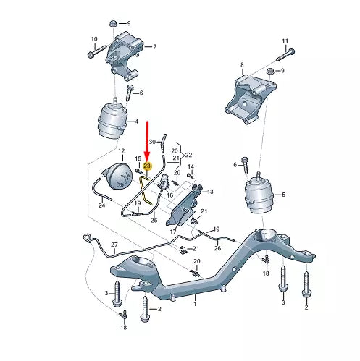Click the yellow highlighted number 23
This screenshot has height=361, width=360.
pos(147,166)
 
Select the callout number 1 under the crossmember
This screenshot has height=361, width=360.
pos(193,305)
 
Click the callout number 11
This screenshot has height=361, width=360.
pos(285,41)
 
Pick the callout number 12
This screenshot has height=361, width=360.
pos(122,150)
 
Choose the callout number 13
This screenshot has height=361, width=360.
pos(210,192)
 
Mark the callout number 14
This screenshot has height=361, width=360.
pos(191,167)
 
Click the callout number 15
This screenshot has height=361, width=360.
pos(138,158)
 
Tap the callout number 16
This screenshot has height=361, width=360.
pos(169,195)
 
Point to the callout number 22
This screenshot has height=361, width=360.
pos(190,156)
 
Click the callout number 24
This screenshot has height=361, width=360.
pos(101,205)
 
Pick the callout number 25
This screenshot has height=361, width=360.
pos(154,219)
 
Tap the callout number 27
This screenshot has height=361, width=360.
pos(114,245)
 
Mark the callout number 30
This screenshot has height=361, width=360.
pos(152,141)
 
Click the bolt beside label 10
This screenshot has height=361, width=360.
pos(94,53)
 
